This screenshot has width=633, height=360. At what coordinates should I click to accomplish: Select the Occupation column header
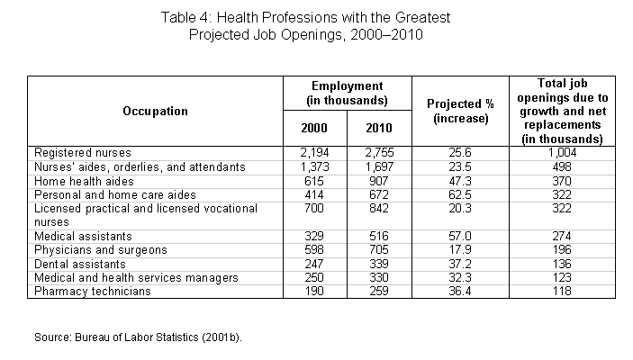click(155, 111)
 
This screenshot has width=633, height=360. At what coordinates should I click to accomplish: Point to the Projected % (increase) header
click(460, 111)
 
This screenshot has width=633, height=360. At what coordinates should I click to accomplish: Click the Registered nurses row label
click(81, 153)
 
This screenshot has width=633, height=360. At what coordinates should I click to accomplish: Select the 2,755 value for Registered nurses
click(378, 153)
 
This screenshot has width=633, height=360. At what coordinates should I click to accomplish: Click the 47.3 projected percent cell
click(460, 181)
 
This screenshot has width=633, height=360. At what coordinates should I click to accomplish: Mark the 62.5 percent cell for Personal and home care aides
click(460, 194)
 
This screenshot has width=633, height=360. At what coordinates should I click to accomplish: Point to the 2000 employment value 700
click(313, 208)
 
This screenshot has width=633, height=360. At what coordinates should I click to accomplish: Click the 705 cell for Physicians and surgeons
click(378, 248)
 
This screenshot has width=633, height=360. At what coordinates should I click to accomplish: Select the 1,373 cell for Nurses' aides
click(313, 166)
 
